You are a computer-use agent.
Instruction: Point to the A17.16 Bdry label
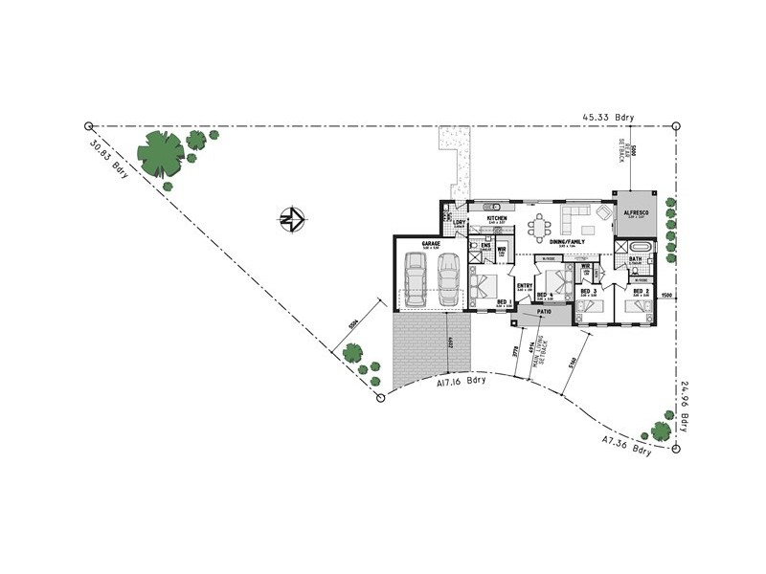(461, 380)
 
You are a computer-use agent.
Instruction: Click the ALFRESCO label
(637, 213)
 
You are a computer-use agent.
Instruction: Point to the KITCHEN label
(496, 218)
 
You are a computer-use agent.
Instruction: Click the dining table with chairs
(540, 228)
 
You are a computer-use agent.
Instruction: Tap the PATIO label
(545, 312)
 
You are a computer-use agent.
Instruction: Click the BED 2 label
(641, 290)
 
